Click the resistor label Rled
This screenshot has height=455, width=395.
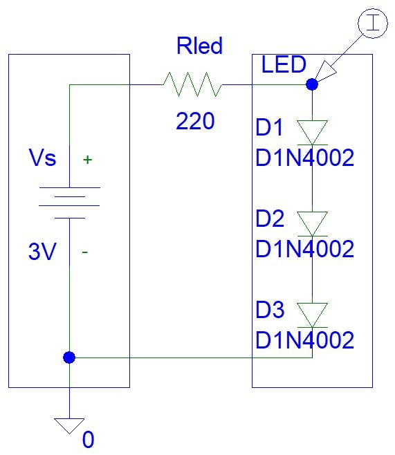[x=199, y=47]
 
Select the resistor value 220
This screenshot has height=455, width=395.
[x=195, y=122]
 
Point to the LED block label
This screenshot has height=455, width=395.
[x=284, y=65]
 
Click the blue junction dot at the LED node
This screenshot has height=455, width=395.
[x=312, y=85]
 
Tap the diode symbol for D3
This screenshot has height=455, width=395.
[x=312, y=315]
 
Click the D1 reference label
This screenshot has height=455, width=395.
[x=270, y=129]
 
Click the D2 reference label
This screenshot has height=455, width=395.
[x=270, y=219]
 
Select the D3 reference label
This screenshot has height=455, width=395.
[x=270, y=310]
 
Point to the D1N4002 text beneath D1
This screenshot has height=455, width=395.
[x=304, y=158]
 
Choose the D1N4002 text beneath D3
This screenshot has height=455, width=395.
[x=304, y=340]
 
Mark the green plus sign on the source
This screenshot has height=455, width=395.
[x=87, y=160]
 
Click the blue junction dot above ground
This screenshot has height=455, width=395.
[x=69, y=357]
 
